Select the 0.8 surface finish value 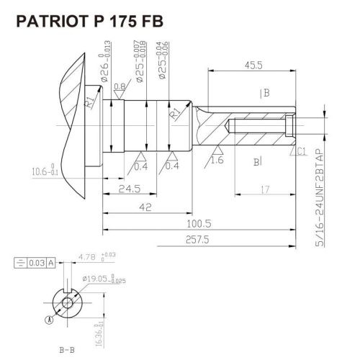pos(120,86)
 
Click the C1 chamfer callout pos(301,151)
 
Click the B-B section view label pos(66,349)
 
